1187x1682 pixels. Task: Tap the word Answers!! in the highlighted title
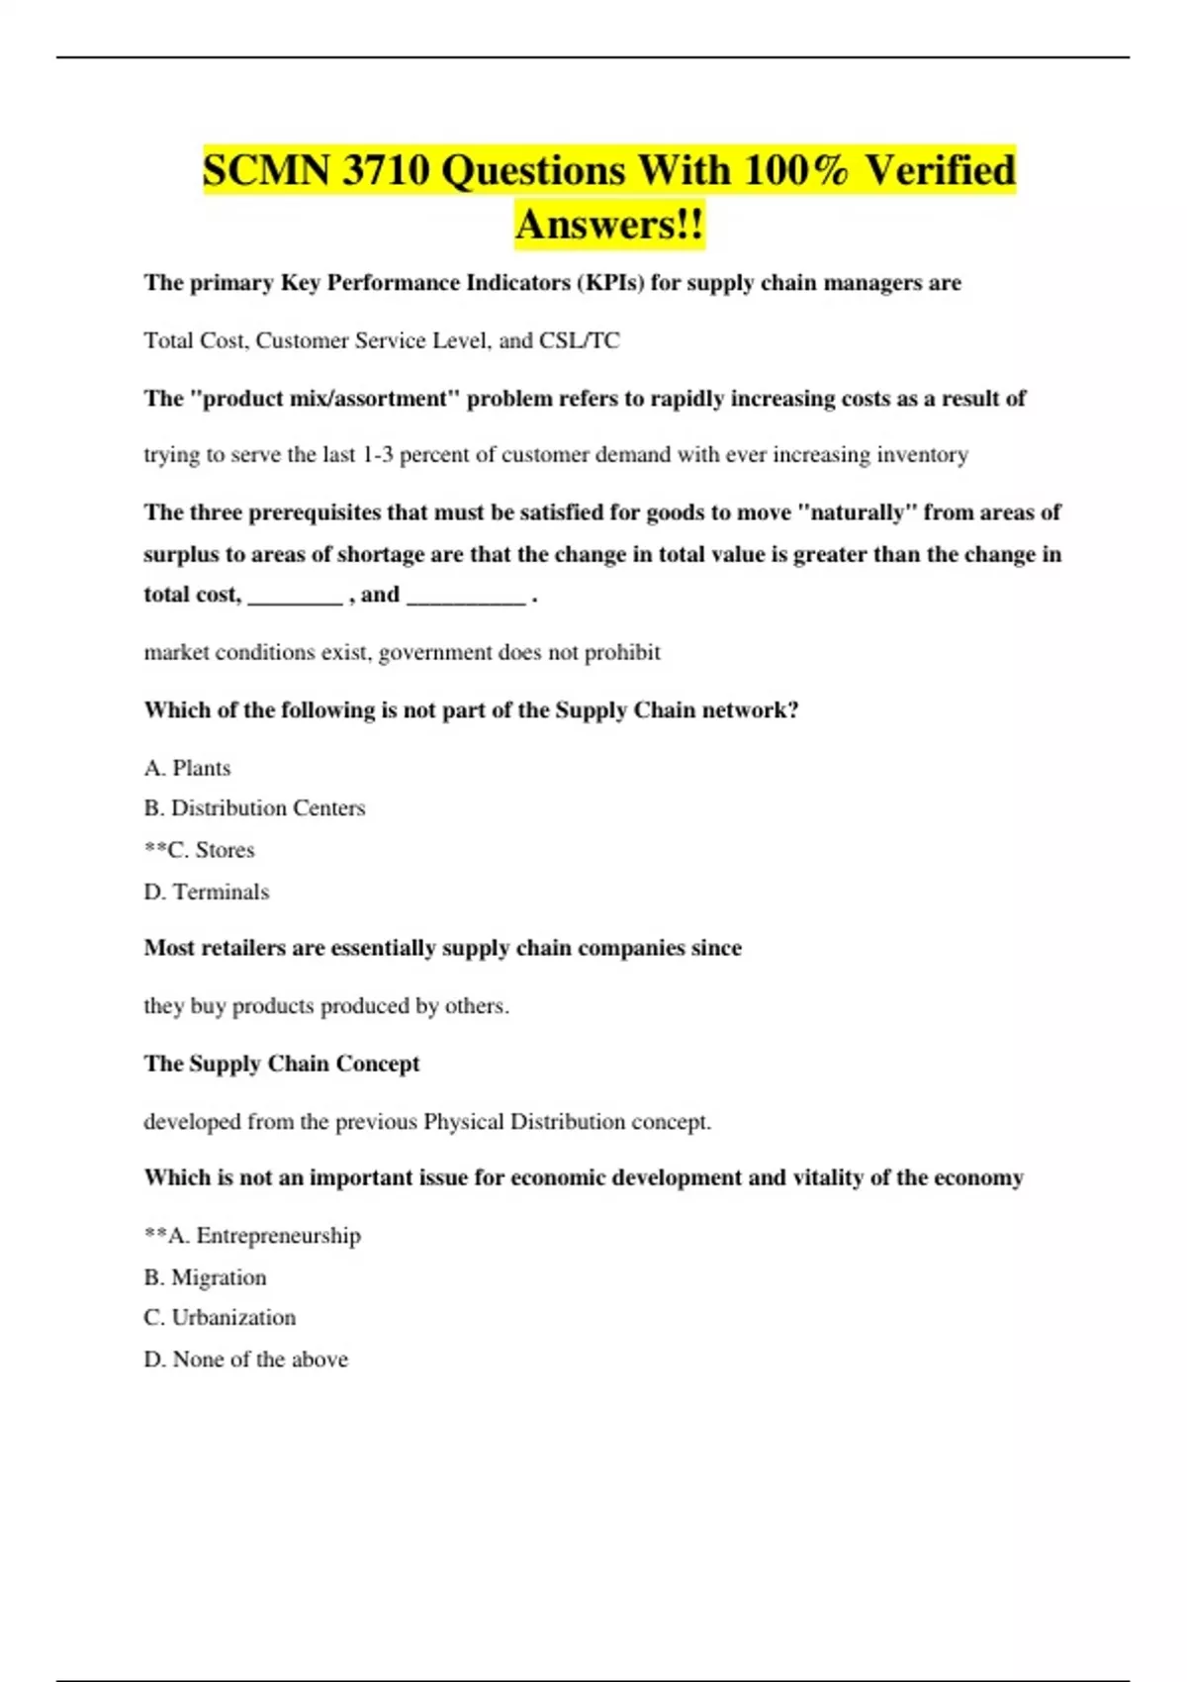point(609,225)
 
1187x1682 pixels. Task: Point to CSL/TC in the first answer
point(579,340)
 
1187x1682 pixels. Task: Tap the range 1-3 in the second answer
point(378,455)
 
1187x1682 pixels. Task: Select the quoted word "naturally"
point(857,513)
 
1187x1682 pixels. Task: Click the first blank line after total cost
point(295,596)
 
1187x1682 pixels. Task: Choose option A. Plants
point(187,769)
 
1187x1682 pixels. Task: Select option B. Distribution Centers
point(254,808)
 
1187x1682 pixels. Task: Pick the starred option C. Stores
point(200,850)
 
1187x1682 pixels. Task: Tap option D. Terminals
point(206,892)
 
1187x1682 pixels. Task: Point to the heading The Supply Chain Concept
point(282,1064)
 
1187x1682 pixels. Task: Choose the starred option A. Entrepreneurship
point(253,1236)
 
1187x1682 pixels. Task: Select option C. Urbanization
point(220,1318)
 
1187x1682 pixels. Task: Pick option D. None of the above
point(245,1359)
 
